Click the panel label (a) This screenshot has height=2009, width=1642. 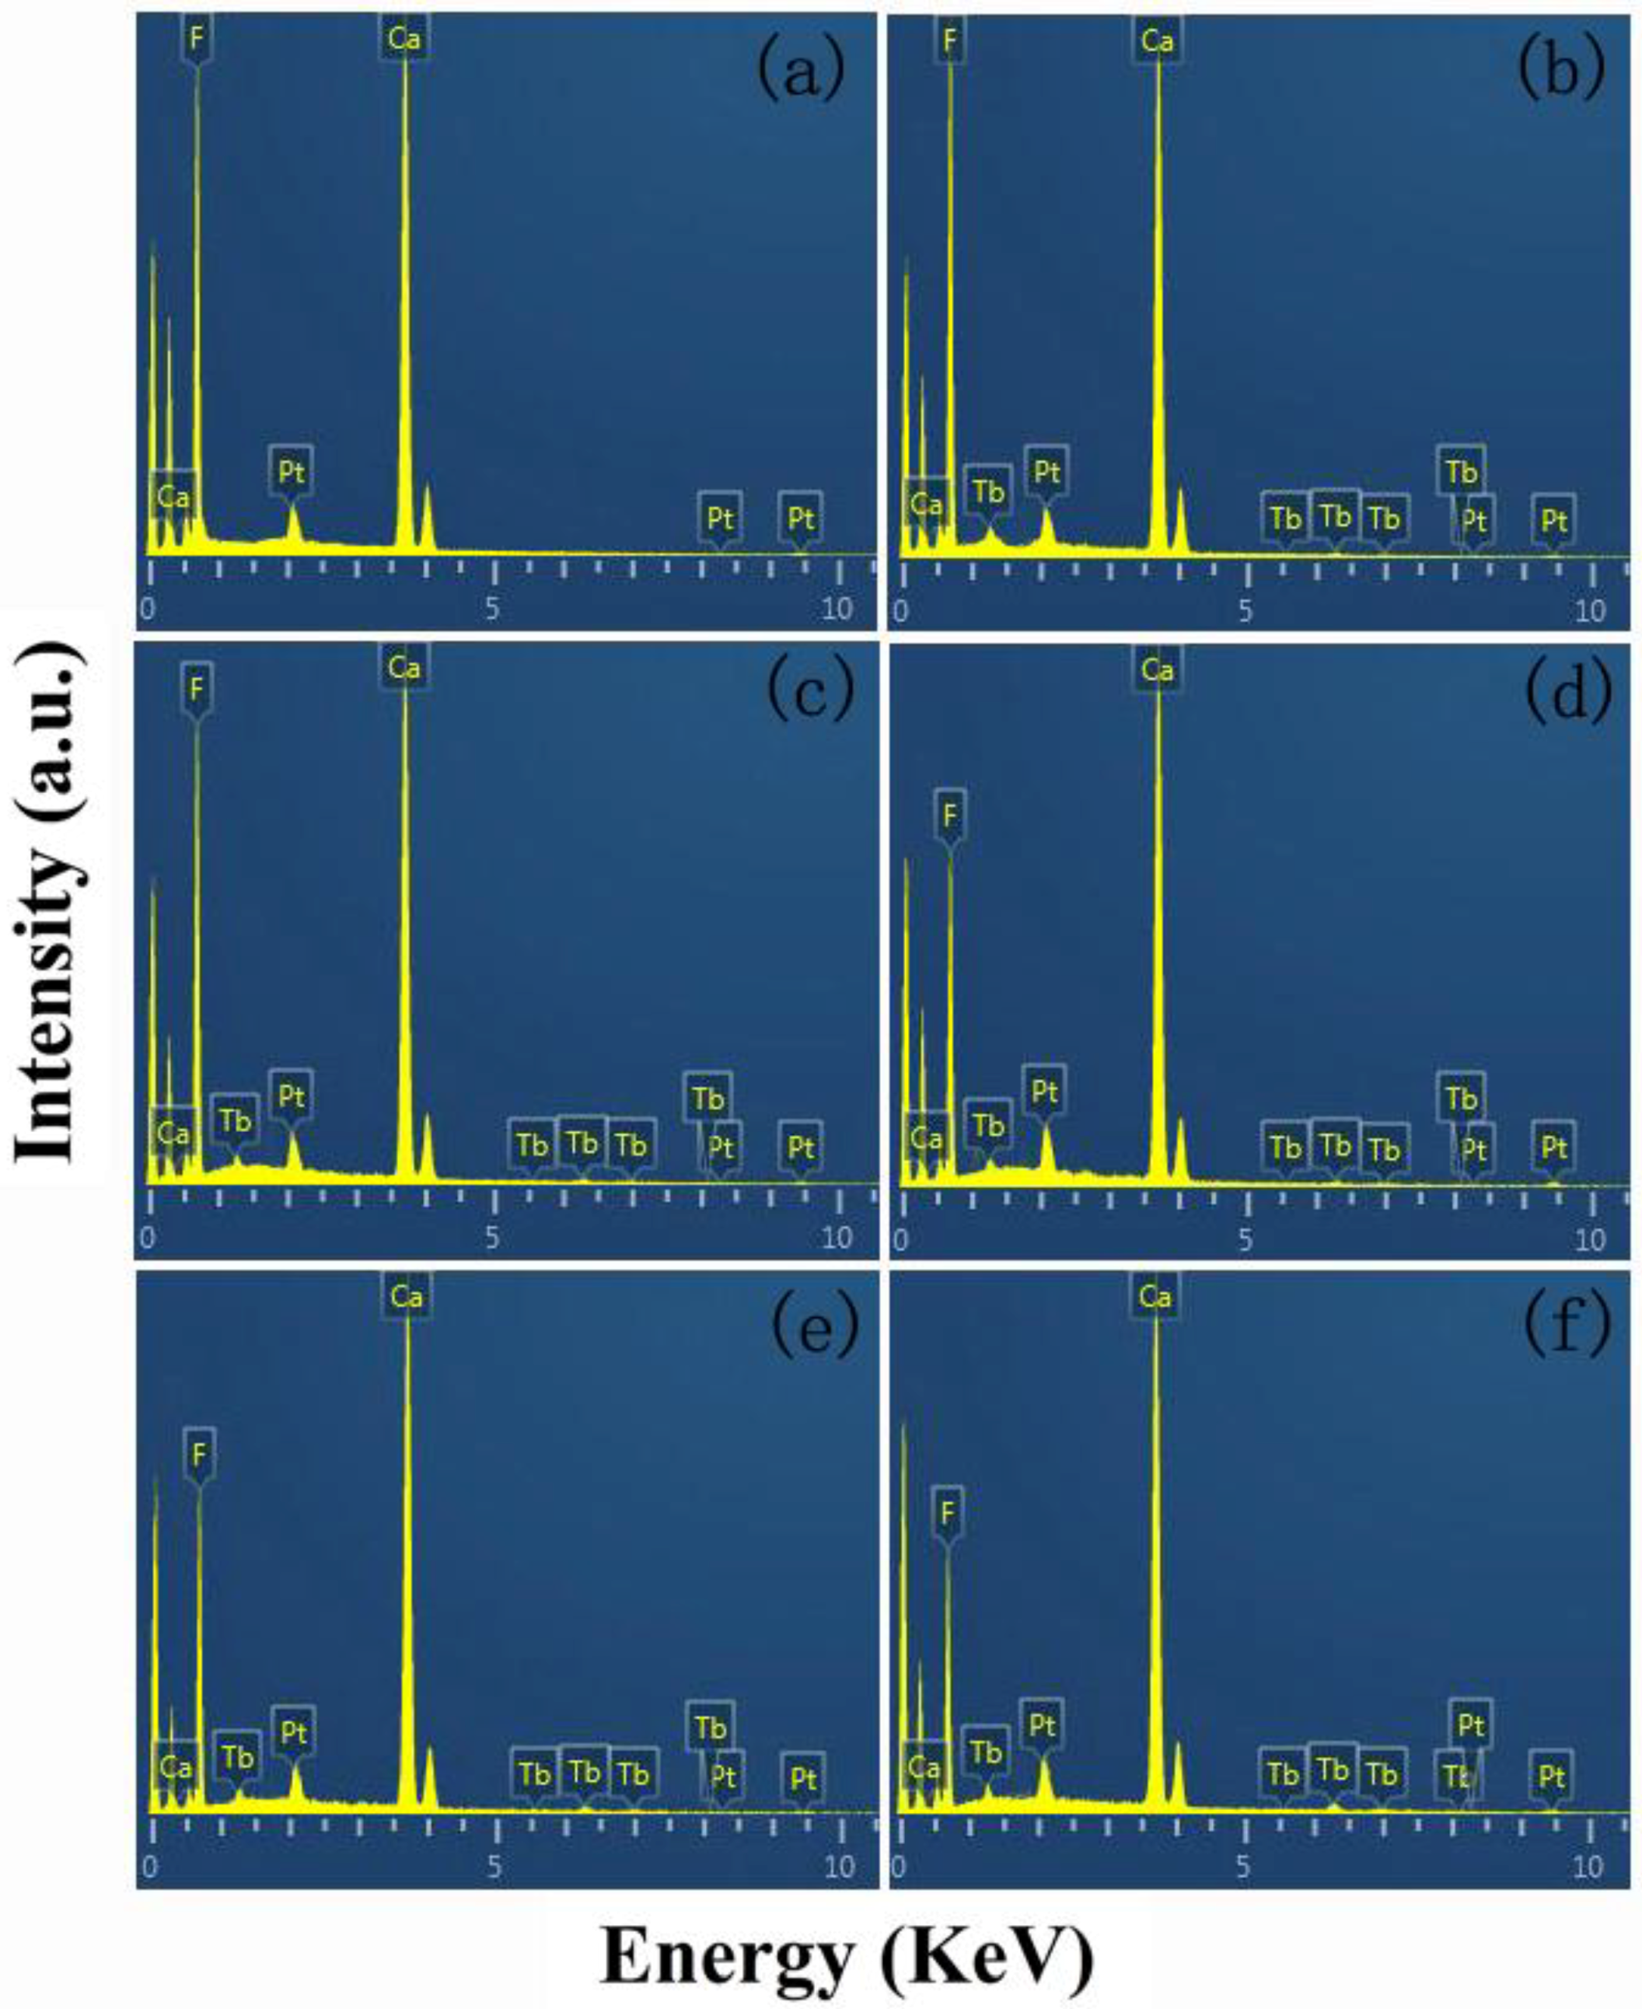(x=800, y=72)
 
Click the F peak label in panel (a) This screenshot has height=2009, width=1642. (x=197, y=39)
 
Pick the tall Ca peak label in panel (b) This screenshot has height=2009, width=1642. (x=1157, y=40)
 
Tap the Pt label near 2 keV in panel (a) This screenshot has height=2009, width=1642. (x=290, y=470)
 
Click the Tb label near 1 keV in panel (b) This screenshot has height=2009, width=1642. (x=988, y=491)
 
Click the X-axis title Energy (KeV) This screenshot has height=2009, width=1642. (x=847, y=1956)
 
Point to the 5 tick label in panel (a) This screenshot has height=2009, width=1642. (x=492, y=608)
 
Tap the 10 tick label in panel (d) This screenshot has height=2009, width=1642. (x=1590, y=1238)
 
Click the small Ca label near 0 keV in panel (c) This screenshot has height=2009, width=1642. (x=173, y=1132)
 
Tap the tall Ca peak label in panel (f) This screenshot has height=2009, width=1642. (x=1155, y=1296)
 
